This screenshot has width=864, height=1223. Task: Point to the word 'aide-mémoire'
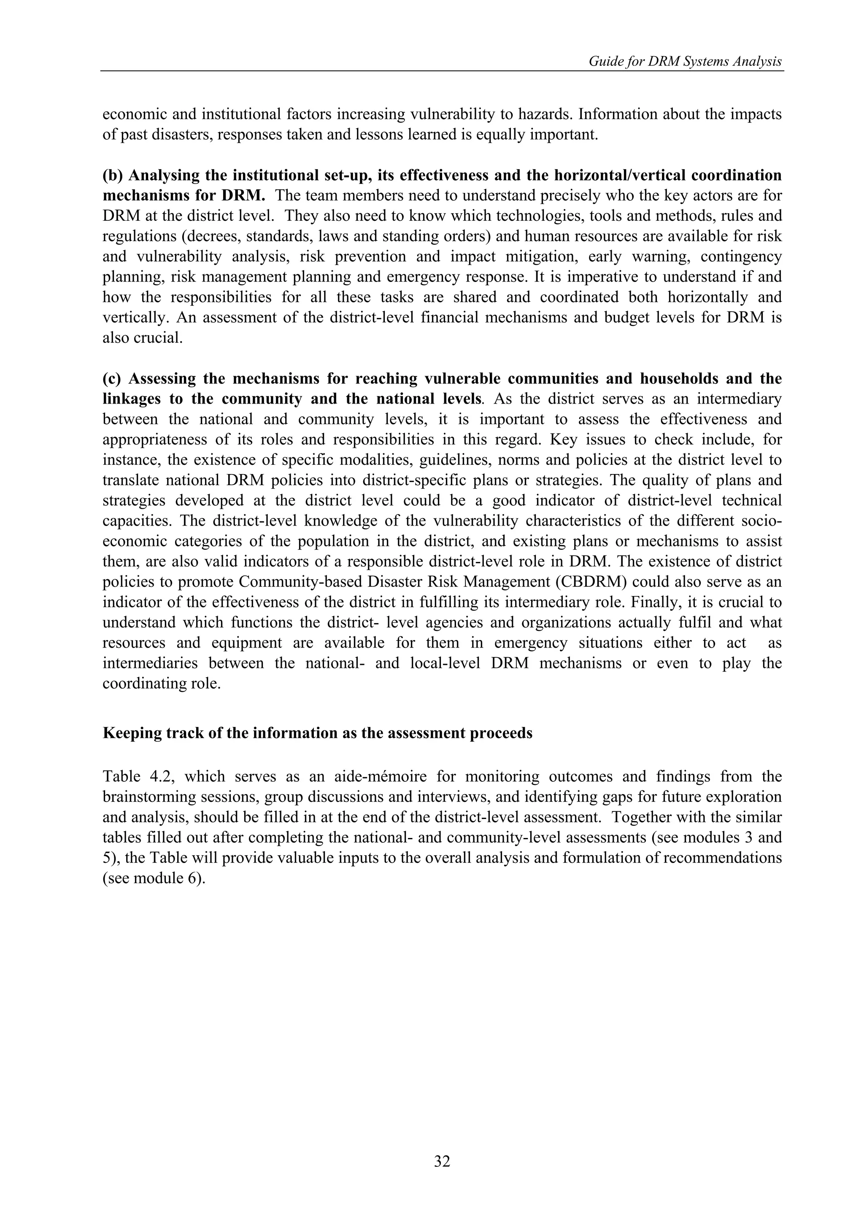[356, 777]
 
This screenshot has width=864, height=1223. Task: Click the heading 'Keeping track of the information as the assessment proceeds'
[317, 733]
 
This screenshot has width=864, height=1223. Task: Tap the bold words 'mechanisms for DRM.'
[184, 195]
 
